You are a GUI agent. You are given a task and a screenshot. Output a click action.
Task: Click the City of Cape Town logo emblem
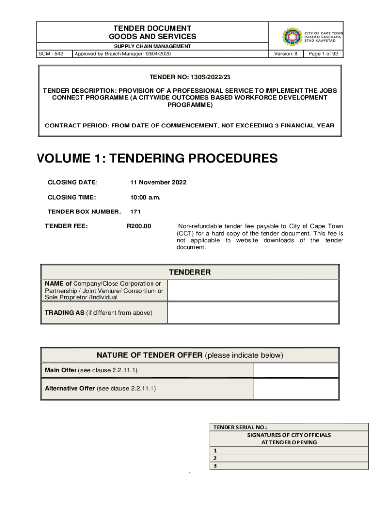(292, 36)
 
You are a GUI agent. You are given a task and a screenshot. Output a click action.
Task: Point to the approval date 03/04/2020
(157, 54)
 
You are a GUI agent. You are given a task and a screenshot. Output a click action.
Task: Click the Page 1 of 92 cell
(323, 54)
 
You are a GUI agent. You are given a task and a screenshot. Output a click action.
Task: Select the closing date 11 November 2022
(158, 182)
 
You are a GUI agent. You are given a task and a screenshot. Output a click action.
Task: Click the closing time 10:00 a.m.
(145, 197)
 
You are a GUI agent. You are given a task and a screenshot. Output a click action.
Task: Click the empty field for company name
(253, 291)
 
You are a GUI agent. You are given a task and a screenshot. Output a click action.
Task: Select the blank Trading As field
(253, 312)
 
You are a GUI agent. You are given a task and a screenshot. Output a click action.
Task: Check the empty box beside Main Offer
(296, 370)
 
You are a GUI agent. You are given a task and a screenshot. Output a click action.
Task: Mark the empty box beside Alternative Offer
(296, 388)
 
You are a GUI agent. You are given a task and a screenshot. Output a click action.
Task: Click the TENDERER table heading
(190, 272)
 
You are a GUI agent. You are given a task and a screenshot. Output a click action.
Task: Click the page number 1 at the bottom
(190, 475)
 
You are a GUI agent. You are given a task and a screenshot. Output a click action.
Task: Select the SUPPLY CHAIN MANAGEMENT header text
(152, 46)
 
